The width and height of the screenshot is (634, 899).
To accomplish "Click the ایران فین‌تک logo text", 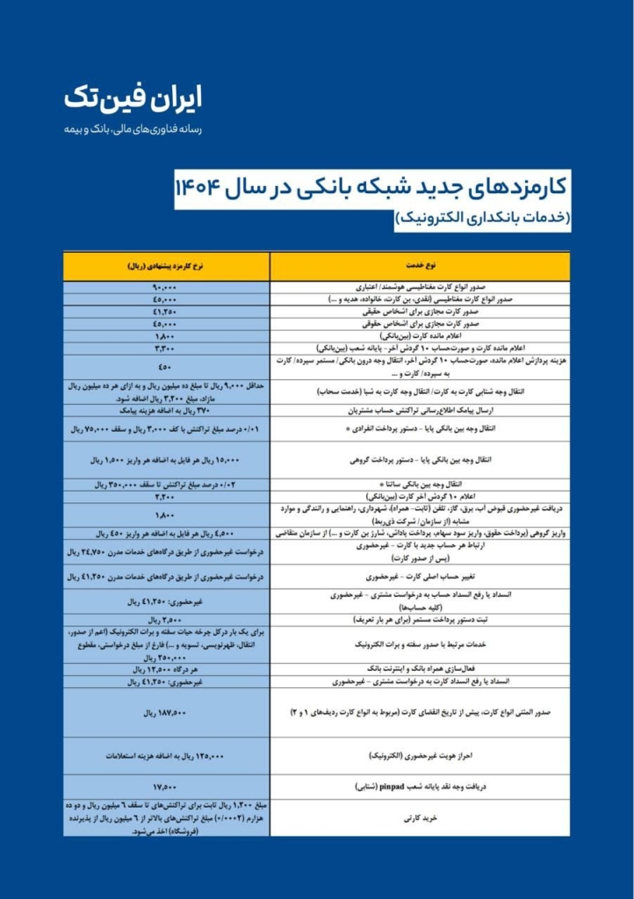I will pyautogui.click(x=133, y=98).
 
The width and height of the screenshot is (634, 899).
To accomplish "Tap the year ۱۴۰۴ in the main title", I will pyautogui.click(x=203, y=186).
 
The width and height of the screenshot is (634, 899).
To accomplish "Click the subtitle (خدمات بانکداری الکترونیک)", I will pyautogui.click(x=483, y=217).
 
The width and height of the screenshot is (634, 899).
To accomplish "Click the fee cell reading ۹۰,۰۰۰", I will pyautogui.click(x=166, y=287).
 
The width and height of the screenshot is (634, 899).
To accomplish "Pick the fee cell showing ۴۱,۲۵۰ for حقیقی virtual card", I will pyautogui.click(x=166, y=312).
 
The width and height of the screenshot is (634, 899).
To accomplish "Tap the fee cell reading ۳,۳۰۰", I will pyautogui.click(x=166, y=348).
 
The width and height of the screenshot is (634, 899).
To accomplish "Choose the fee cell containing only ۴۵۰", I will pyautogui.click(x=166, y=366).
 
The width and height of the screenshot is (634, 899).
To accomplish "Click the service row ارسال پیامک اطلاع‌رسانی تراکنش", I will pyautogui.click(x=420, y=410).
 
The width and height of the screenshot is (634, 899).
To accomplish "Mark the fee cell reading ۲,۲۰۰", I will pyautogui.click(x=166, y=497).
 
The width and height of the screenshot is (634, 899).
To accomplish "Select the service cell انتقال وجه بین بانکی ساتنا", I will pyautogui.click(x=420, y=485).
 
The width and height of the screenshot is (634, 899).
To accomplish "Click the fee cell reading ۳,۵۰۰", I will pyautogui.click(x=166, y=620).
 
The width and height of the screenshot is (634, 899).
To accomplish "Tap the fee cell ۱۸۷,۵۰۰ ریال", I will pyautogui.click(x=166, y=712).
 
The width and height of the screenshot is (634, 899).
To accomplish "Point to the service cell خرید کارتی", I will pyautogui.click(x=420, y=817).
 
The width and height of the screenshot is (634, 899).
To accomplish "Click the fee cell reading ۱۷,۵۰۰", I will pyautogui.click(x=166, y=787).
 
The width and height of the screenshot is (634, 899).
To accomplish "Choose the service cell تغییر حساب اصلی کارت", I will pyautogui.click(x=420, y=577).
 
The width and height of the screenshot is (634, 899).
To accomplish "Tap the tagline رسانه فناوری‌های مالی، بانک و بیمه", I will pyautogui.click(x=133, y=129).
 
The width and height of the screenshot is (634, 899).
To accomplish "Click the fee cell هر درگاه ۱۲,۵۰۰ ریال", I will pyautogui.click(x=166, y=669).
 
